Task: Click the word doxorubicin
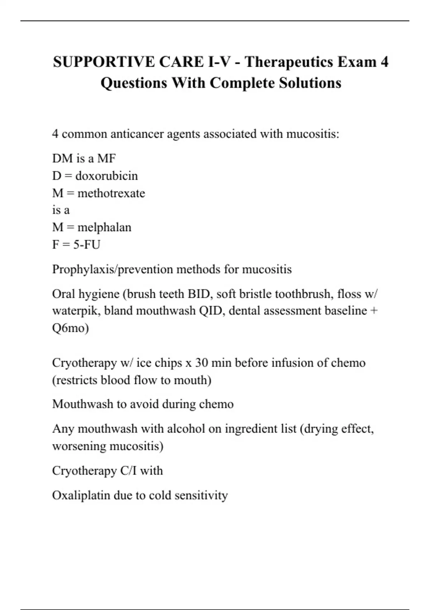click(x=106, y=176)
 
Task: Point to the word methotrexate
click(x=111, y=193)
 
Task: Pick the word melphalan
click(x=104, y=227)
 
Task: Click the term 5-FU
click(x=87, y=245)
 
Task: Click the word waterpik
click(x=75, y=311)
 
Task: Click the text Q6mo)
click(x=70, y=328)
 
